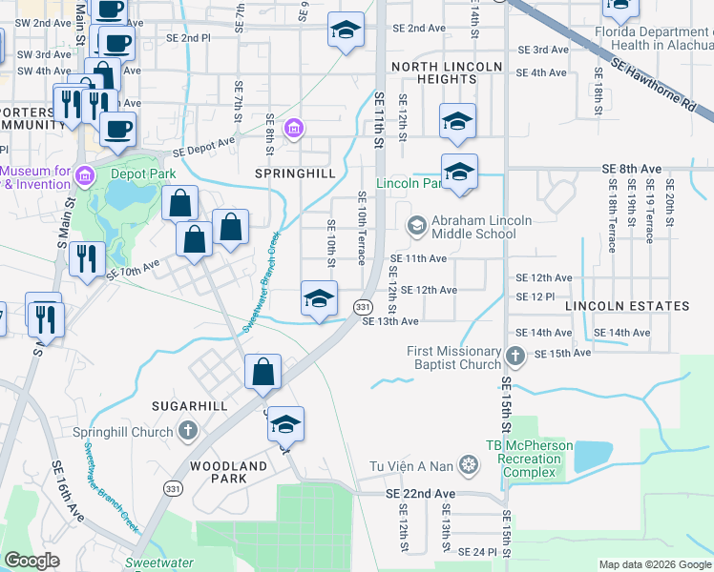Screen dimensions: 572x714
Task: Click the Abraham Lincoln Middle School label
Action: pyautogui.click(x=473, y=227)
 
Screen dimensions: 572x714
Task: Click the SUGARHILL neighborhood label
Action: pyautogui.click(x=190, y=406)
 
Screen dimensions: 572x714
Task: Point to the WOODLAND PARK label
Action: pyautogui.click(x=228, y=474)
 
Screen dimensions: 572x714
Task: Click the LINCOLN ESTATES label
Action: pyautogui.click(x=626, y=306)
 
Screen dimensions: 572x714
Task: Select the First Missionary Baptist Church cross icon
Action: pyautogui.click(x=515, y=357)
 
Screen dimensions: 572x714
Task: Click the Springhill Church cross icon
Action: pyautogui.click(x=188, y=430)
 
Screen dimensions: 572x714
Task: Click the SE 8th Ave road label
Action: pyautogui.click(x=632, y=169)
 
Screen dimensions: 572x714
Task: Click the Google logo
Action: pyautogui.click(x=31, y=561)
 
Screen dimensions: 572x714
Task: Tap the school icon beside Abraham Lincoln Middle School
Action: pyautogui.click(x=416, y=226)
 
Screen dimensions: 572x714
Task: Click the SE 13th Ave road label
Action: pyautogui.click(x=391, y=321)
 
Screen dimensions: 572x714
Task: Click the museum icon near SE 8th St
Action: pyautogui.click(x=294, y=128)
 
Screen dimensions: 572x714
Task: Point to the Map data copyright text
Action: pyautogui.click(x=653, y=564)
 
